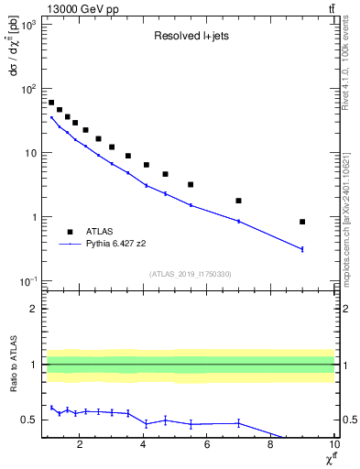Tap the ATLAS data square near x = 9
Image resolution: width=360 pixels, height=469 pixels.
pos(302,222)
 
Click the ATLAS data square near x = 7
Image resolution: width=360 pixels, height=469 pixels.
pos(238,201)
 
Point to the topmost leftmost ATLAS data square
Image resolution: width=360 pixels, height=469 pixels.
pos(51,103)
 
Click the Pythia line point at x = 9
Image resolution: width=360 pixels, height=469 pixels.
pos(302,249)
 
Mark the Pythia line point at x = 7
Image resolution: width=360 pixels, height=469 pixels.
pos(238,221)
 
